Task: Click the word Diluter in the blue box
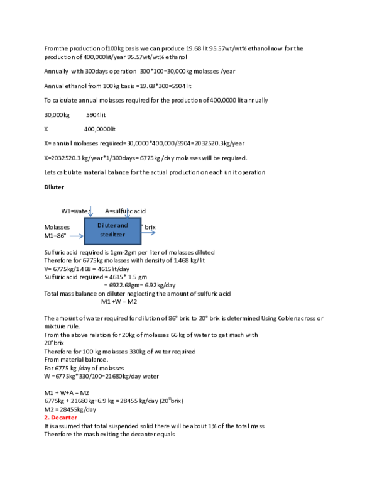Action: coord(107,225)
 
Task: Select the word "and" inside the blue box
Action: coord(123,225)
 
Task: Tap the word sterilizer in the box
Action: coord(112,235)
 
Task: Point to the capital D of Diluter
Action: coord(99,225)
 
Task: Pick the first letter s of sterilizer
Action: coord(101,235)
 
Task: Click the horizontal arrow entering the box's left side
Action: coord(76,236)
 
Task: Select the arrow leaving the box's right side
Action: coord(148,233)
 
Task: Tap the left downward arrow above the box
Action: coord(90,211)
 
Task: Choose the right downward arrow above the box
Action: coord(127,213)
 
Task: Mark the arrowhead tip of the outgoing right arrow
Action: coord(156,233)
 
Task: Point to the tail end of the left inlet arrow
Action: coord(70,236)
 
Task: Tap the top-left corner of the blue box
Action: coord(85,217)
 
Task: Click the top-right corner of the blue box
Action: coord(141,217)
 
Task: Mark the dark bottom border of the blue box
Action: coord(113,244)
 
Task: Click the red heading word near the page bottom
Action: coord(63,418)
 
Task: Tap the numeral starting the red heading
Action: coord(45,418)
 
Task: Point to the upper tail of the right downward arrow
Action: coord(127,208)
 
